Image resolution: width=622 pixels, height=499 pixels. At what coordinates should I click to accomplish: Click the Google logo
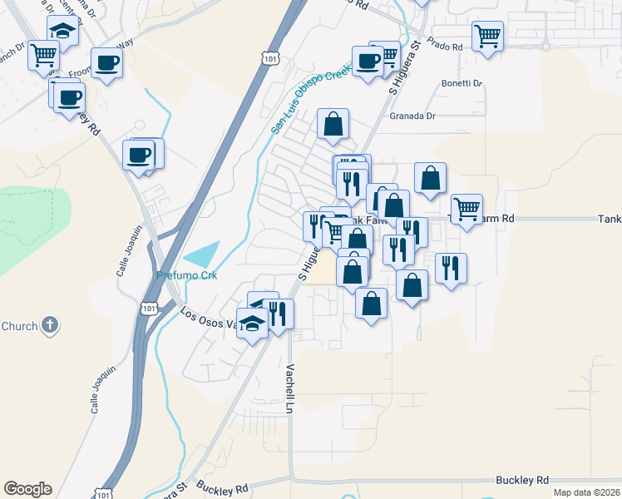(27, 489)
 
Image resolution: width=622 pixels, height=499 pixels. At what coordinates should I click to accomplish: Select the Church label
(19, 326)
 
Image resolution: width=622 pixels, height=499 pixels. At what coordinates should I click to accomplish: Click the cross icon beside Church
(50, 325)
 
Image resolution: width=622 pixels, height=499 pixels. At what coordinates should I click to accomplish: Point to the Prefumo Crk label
(186, 275)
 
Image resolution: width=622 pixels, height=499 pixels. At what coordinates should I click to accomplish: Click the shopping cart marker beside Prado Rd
(487, 36)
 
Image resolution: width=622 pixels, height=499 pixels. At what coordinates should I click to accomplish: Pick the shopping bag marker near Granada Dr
(333, 124)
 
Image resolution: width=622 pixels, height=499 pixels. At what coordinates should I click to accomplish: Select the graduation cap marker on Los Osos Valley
(253, 322)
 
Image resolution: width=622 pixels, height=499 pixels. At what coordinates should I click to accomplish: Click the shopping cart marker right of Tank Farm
(466, 209)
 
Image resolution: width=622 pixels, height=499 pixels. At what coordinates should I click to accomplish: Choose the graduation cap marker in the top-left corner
(62, 30)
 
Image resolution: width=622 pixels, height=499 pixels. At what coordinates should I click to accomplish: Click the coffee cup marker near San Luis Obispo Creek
(368, 61)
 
